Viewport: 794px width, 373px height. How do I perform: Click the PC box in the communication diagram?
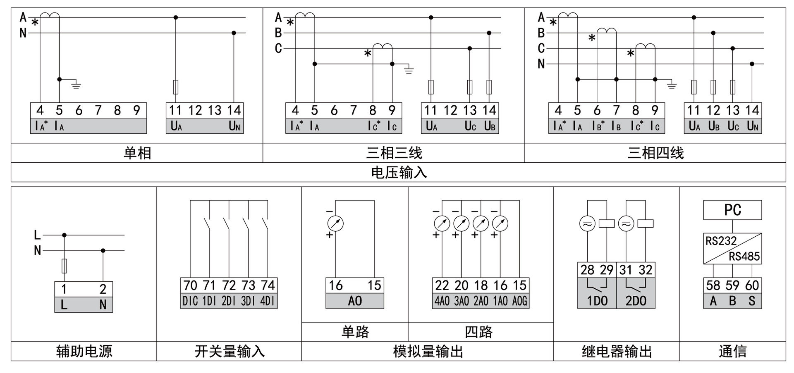tap(732, 210)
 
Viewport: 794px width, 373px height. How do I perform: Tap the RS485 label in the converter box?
tap(744, 257)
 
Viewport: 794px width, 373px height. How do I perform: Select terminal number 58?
tap(713, 285)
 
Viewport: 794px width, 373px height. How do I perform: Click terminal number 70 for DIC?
tap(190, 285)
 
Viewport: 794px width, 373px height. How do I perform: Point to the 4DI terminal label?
tap(268, 301)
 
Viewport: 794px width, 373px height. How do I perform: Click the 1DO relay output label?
tap(597, 301)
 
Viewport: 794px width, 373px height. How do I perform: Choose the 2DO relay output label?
tap(636, 301)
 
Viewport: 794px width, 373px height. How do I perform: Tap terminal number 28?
tap(587, 270)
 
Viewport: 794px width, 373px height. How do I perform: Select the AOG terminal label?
tap(520, 301)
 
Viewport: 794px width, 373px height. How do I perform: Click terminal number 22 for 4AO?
tap(442, 285)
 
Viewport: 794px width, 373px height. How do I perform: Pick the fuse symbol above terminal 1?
tap(64, 266)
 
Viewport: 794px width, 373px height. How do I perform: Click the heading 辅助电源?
tap(84, 352)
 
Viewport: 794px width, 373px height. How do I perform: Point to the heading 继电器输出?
tap(617, 352)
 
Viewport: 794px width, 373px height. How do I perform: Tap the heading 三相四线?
tap(655, 153)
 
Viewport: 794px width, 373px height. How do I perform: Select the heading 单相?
tap(137, 153)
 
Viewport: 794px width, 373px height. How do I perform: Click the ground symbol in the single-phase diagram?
tap(76, 86)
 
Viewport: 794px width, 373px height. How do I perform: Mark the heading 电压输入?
tap(399, 172)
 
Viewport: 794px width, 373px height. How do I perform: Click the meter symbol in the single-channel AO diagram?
tap(335, 223)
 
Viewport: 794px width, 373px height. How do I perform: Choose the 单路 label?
tap(355, 332)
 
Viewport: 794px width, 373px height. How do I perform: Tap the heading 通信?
tap(732, 352)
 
